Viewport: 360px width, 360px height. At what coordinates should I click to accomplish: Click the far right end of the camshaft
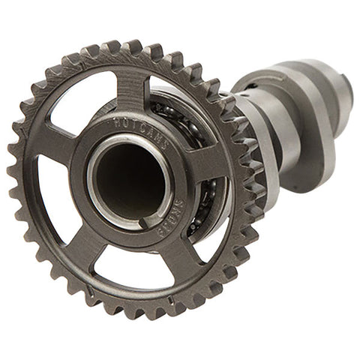pos(346,88)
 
